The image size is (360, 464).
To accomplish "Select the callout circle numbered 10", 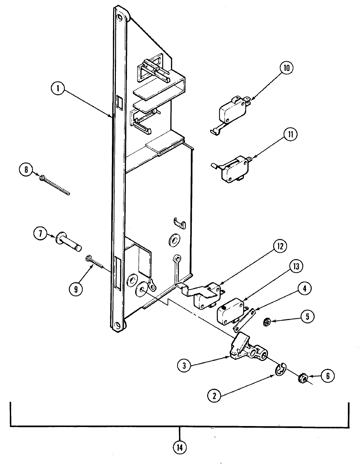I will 287,68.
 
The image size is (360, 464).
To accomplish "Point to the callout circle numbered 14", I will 179,447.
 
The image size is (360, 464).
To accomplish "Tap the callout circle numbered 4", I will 304,289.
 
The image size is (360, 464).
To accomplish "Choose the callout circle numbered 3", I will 185,366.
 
